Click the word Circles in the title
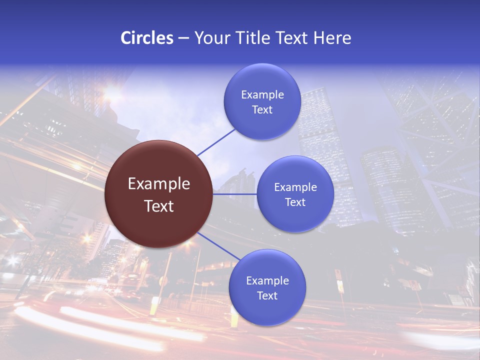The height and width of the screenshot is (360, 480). pos(147,38)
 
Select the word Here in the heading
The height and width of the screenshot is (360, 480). pos(332,38)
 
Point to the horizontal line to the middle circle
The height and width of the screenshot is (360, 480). pos(235,194)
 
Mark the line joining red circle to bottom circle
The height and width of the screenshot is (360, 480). pos(219,246)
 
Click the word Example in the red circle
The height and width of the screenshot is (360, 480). pos(159,184)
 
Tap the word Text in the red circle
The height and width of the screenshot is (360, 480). pos(159,206)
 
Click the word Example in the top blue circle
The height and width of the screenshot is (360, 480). pos(262,95)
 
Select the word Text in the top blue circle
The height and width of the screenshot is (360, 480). pos(262,110)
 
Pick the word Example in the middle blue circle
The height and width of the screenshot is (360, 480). pos(295,187)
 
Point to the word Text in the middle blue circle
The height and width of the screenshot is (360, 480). pos(295,202)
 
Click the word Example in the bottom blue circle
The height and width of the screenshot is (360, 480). pos(267,281)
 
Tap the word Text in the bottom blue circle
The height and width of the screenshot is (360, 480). pos(267,296)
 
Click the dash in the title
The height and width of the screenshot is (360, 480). pos(183,38)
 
